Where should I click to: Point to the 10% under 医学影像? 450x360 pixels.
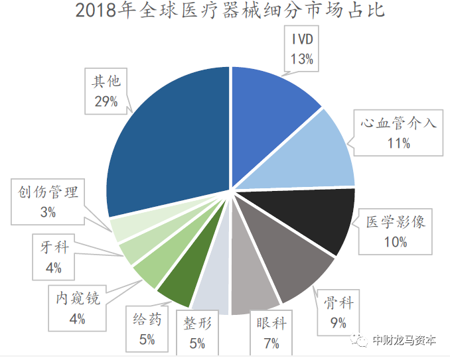[396, 242]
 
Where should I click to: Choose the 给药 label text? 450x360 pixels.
[147, 320]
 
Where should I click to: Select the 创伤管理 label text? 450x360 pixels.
[48, 193]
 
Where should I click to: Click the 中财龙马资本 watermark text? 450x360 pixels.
[403, 341]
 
